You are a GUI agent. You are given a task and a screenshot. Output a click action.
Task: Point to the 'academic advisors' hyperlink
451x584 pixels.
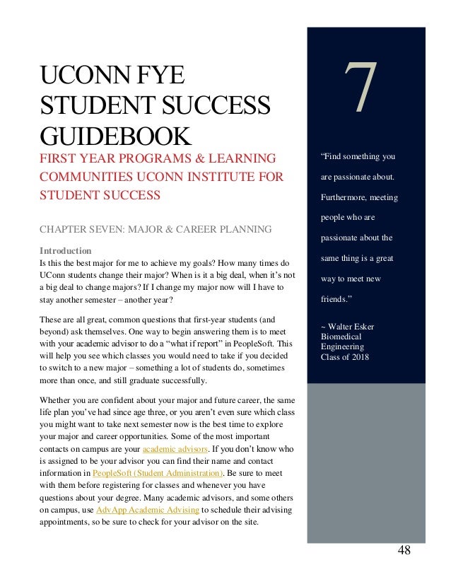click(x=175, y=449)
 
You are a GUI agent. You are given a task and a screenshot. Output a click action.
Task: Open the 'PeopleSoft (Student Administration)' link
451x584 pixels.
click(x=160, y=473)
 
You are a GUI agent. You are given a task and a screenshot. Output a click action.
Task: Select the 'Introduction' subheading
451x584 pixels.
click(x=65, y=250)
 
